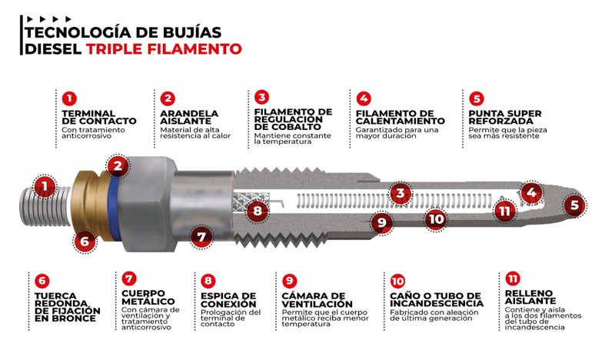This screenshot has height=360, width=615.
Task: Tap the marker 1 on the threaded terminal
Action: [45, 185]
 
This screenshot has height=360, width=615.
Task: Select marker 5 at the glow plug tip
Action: [573, 205]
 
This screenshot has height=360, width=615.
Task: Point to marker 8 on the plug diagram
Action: [259, 209]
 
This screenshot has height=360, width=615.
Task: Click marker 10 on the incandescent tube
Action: [436, 218]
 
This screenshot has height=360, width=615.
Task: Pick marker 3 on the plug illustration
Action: [398, 193]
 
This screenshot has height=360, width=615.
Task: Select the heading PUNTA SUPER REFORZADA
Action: [500, 116]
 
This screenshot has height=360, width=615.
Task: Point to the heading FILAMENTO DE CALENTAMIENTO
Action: [401, 116]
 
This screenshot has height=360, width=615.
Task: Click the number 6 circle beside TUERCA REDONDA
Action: [43, 281]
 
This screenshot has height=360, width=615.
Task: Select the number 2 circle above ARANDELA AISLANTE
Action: [168, 98]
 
